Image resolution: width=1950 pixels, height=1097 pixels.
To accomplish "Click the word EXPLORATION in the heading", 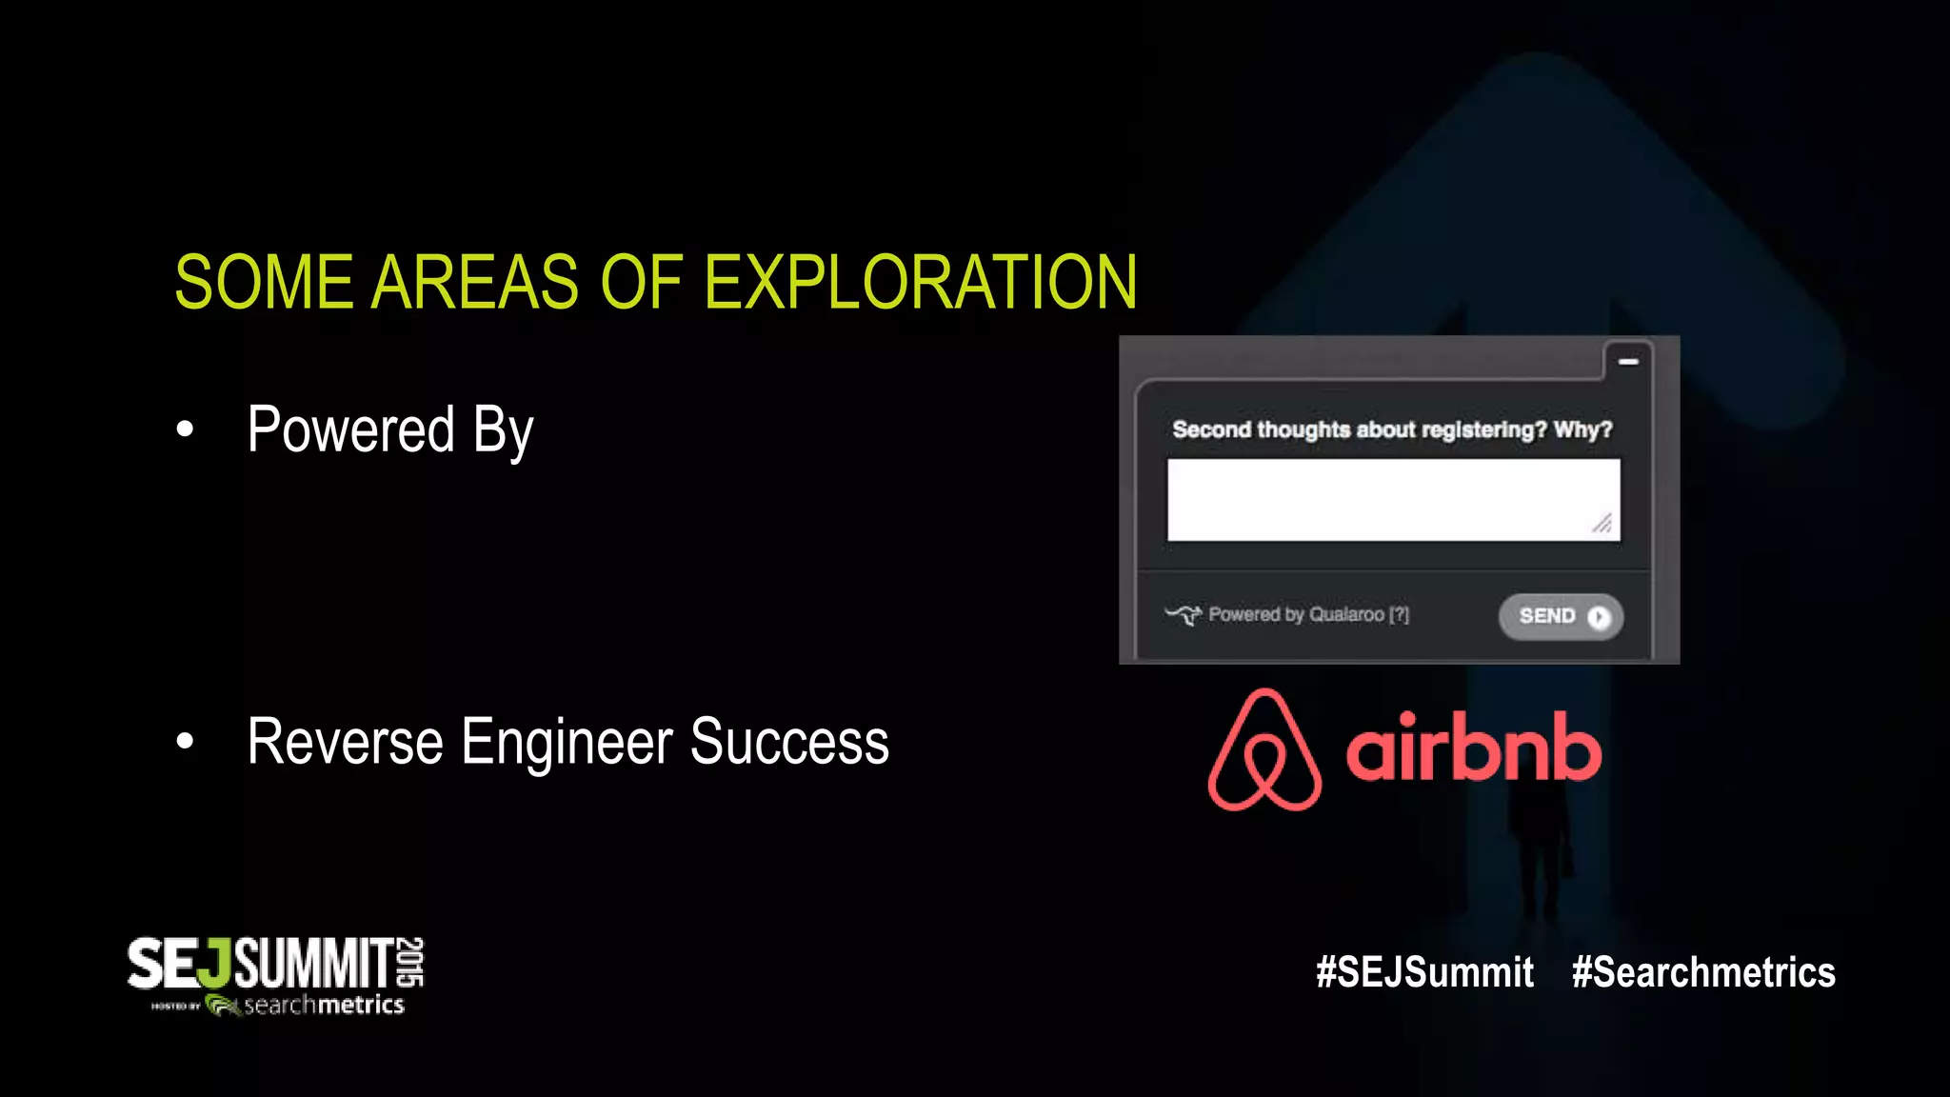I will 920,283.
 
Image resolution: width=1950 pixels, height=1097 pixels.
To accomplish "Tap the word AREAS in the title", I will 474,283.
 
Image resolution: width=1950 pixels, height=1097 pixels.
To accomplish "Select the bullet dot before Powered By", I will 185,429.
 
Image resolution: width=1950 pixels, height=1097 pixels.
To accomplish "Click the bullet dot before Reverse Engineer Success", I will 185,741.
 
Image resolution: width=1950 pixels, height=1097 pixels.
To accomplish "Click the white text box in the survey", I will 1393,500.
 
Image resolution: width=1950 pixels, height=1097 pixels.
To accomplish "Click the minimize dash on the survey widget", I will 1628,362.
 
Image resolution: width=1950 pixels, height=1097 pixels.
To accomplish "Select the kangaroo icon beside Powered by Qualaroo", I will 1184,614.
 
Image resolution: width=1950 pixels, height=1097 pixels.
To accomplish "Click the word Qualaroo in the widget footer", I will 1346,614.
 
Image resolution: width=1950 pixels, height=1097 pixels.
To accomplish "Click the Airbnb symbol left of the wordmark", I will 1264,750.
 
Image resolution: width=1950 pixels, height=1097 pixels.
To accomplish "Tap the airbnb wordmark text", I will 1473,748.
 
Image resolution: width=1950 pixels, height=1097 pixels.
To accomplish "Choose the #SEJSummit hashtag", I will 1424,972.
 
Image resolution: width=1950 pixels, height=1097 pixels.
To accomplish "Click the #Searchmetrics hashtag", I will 1703,972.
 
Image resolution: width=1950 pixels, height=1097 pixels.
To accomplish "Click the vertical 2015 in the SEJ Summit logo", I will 411,961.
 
